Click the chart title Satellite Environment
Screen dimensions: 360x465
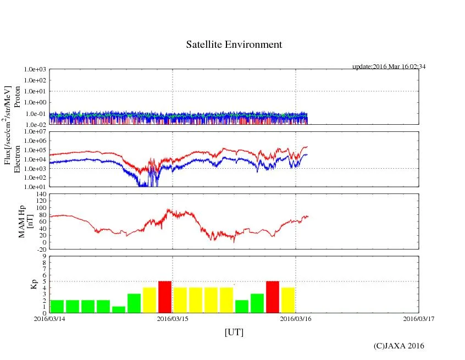(x=234, y=45)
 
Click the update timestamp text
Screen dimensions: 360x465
(x=389, y=67)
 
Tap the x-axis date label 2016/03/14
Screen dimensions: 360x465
(x=49, y=318)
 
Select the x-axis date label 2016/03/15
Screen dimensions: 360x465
(x=173, y=318)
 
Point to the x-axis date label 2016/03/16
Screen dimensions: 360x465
(x=296, y=318)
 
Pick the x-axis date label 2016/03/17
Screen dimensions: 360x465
(x=418, y=318)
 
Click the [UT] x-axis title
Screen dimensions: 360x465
(x=234, y=332)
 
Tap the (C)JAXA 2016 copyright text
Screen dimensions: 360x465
(x=398, y=346)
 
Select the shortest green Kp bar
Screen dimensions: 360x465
(x=119, y=309)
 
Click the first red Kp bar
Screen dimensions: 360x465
(x=165, y=297)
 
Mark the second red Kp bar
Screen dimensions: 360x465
(x=273, y=297)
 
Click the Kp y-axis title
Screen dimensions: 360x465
(x=34, y=284)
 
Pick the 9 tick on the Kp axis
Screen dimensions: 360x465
(x=45, y=256)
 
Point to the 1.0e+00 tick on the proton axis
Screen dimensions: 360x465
(x=37, y=102)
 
